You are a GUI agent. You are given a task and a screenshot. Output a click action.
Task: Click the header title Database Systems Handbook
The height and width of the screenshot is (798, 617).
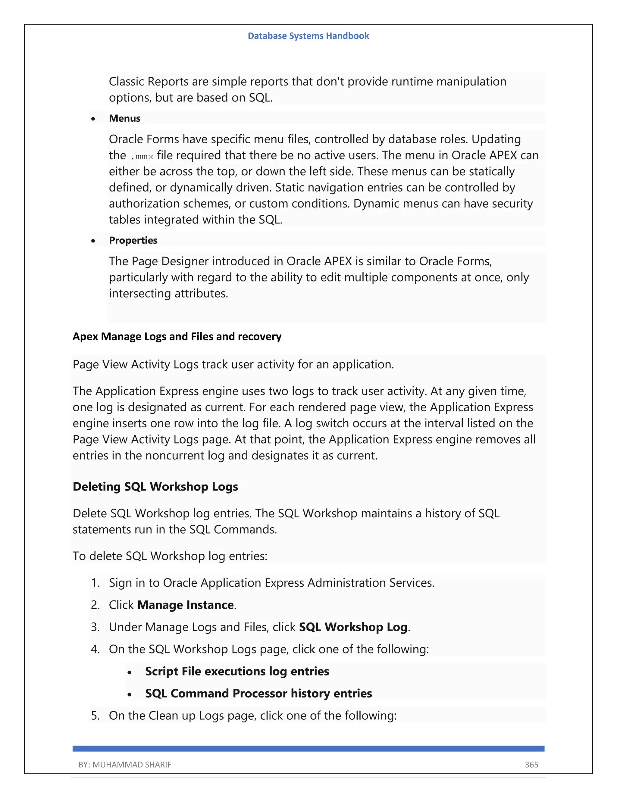(x=308, y=36)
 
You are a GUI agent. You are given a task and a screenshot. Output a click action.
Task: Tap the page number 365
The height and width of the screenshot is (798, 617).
(x=531, y=764)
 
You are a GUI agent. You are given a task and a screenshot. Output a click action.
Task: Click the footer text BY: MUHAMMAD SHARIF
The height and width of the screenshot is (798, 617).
(x=125, y=764)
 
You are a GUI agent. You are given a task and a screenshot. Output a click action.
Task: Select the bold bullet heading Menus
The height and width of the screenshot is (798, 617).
(x=125, y=118)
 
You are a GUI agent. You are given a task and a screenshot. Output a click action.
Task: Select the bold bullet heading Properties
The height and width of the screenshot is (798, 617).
(x=133, y=240)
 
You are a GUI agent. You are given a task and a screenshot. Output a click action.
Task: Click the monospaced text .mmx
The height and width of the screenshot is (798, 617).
(x=142, y=156)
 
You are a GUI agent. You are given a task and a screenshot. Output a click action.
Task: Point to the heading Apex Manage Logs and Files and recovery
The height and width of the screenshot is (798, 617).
(x=177, y=337)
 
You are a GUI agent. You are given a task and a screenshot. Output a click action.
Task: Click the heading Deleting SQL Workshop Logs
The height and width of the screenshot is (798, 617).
(x=155, y=487)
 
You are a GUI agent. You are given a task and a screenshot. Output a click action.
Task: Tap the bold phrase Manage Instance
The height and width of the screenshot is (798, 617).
(x=185, y=605)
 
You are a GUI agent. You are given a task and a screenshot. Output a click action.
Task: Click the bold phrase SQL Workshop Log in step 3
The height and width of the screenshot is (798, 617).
(x=353, y=627)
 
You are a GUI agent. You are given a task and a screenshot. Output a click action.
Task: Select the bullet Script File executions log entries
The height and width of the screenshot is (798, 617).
(x=237, y=671)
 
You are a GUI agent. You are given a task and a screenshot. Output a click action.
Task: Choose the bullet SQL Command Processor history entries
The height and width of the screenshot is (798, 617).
(x=258, y=694)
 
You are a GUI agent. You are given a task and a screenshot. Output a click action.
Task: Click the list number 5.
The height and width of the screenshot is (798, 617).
(x=95, y=715)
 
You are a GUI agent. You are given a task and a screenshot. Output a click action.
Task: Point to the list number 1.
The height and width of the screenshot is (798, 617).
(x=95, y=583)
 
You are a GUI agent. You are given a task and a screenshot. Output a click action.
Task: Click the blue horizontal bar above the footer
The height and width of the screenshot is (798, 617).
(x=308, y=749)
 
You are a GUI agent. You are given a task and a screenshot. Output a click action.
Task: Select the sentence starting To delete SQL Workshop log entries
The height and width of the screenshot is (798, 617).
(x=170, y=556)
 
